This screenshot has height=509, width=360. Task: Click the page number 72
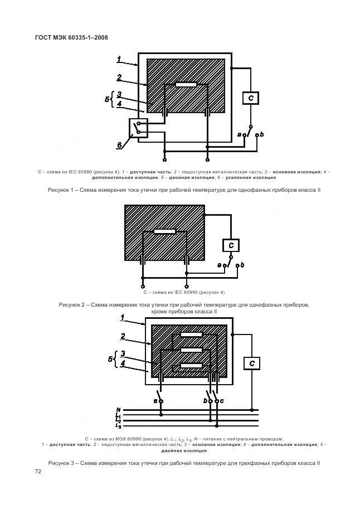38,472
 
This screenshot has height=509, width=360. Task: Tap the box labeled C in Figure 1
251,98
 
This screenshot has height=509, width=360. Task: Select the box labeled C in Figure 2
231,245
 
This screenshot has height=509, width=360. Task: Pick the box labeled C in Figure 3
252,363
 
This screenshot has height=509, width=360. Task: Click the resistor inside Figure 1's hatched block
186,85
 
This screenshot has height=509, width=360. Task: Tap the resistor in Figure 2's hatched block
165,231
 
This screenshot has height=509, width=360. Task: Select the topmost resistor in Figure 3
191,335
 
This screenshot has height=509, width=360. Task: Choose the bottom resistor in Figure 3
191,366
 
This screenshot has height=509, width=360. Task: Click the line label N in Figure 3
118,409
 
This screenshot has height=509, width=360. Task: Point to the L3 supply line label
118,426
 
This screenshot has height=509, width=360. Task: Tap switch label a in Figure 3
154,401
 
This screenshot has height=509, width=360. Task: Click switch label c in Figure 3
222,401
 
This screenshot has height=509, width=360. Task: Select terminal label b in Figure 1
262,134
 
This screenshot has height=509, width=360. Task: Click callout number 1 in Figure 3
122,318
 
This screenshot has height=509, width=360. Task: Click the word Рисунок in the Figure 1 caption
60,191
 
